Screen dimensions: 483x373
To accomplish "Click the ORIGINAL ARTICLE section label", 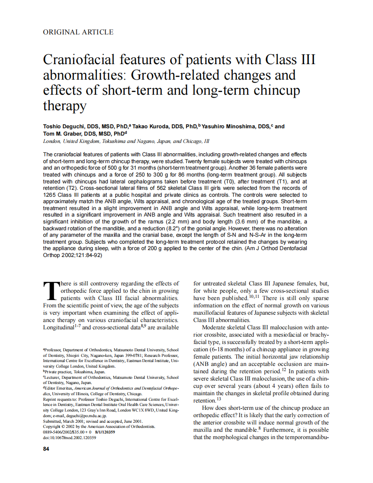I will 78,32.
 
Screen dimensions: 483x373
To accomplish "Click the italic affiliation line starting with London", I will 126,141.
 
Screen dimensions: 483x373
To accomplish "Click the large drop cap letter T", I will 51,291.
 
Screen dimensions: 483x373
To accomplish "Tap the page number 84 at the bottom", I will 46,449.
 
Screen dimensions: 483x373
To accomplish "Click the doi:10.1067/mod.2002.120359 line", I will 69,437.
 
